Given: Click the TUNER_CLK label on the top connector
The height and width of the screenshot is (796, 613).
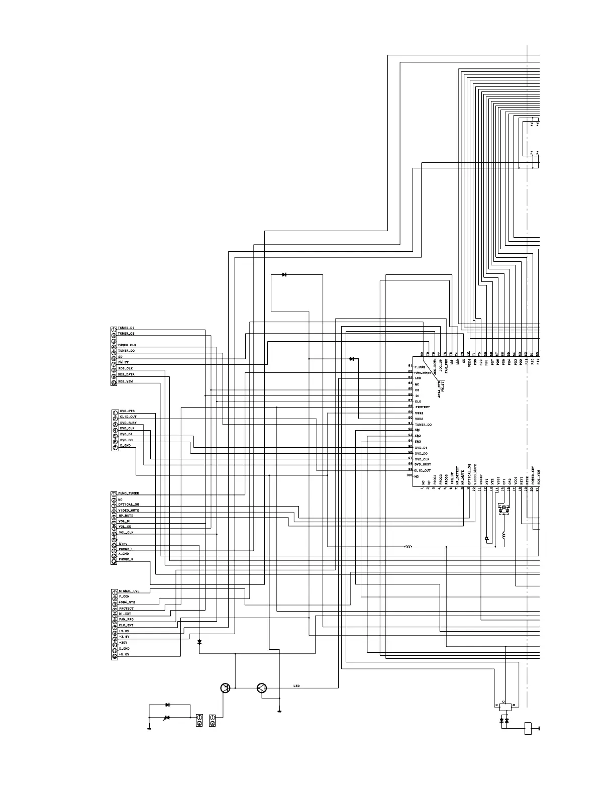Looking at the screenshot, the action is (x=127, y=345).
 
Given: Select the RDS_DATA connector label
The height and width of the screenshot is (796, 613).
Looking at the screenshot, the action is (x=126, y=375).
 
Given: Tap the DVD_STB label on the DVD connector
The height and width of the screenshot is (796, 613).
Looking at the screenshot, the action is (x=127, y=411).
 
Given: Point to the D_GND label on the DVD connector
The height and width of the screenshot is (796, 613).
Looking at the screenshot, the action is (x=125, y=446).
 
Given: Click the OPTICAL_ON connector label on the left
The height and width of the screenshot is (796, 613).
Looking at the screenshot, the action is (x=129, y=505).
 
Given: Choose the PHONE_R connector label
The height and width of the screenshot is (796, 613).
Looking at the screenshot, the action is (x=126, y=559).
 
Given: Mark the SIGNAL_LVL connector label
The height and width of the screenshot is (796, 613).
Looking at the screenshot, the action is (x=129, y=591).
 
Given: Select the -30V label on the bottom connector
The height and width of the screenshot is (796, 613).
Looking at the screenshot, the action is (x=124, y=643).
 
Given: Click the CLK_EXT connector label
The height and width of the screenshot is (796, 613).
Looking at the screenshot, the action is (x=126, y=626).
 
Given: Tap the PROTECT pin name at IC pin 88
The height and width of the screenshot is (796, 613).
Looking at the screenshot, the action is (x=423, y=407).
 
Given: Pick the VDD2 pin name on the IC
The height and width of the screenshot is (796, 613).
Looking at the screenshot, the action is (x=419, y=419).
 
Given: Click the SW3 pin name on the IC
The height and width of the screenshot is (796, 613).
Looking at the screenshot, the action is (x=418, y=442).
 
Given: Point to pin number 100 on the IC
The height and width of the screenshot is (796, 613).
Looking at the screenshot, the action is (x=409, y=475).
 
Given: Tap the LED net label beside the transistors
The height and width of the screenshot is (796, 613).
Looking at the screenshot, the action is (x=296, y=686).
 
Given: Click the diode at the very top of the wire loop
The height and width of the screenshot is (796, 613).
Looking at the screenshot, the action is (x=284, y=275).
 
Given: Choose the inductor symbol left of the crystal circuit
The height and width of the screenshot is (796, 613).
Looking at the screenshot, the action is (x=408, y=547).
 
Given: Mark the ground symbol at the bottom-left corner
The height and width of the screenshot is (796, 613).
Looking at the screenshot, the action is (x=149, y=728).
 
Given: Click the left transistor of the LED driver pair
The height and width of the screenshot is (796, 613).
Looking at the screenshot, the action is (x=226, y=688).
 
